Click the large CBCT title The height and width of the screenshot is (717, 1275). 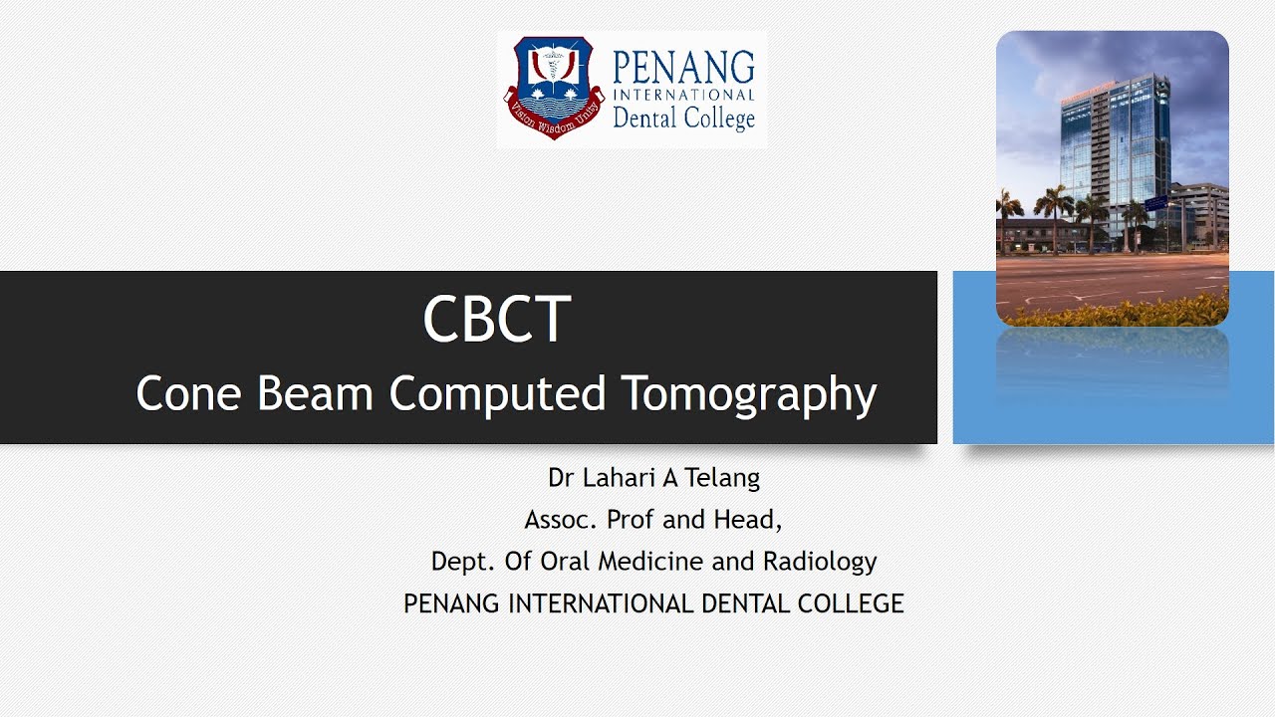point(496,320)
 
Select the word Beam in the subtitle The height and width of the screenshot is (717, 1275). point(316,393)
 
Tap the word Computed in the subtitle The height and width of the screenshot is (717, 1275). point(497,394)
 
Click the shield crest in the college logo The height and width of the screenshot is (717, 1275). point(553,88)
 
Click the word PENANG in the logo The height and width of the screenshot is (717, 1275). point(683,68)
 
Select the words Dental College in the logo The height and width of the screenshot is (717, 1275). point(683,119)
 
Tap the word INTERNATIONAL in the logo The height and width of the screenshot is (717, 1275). point(683,95)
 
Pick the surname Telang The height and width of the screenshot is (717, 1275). point(722,478)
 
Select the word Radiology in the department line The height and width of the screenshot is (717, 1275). point(820,562)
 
